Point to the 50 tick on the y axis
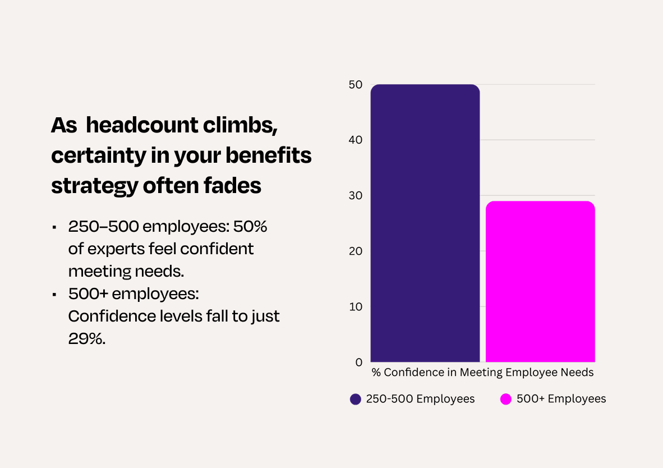pyautogui.click(x=356, y=85)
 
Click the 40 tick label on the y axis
pyautogui.click(x=356, y=140)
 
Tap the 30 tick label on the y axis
pyautogui.click(x=356, y=196)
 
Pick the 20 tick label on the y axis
pyautogui.click(x=356, y=251)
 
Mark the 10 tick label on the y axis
pyautogui.click(x=356, y=307)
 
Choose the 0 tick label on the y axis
pyautogui.click(x=359, y=363)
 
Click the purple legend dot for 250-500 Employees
pyautogui.click(x=355, y=399)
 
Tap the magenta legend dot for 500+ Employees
pyautogui.click(x=506, y=399)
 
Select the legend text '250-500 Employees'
pyautogui.click(x=420, y=399)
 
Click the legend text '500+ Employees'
pyautogui.click(x=561, y=399)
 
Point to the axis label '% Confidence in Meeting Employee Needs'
pyautogui.click(x=482, y=372)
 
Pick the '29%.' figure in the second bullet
pyautogui.click(x=87, y=338)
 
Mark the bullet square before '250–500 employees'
pyautogui.click(x=54, y=228)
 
